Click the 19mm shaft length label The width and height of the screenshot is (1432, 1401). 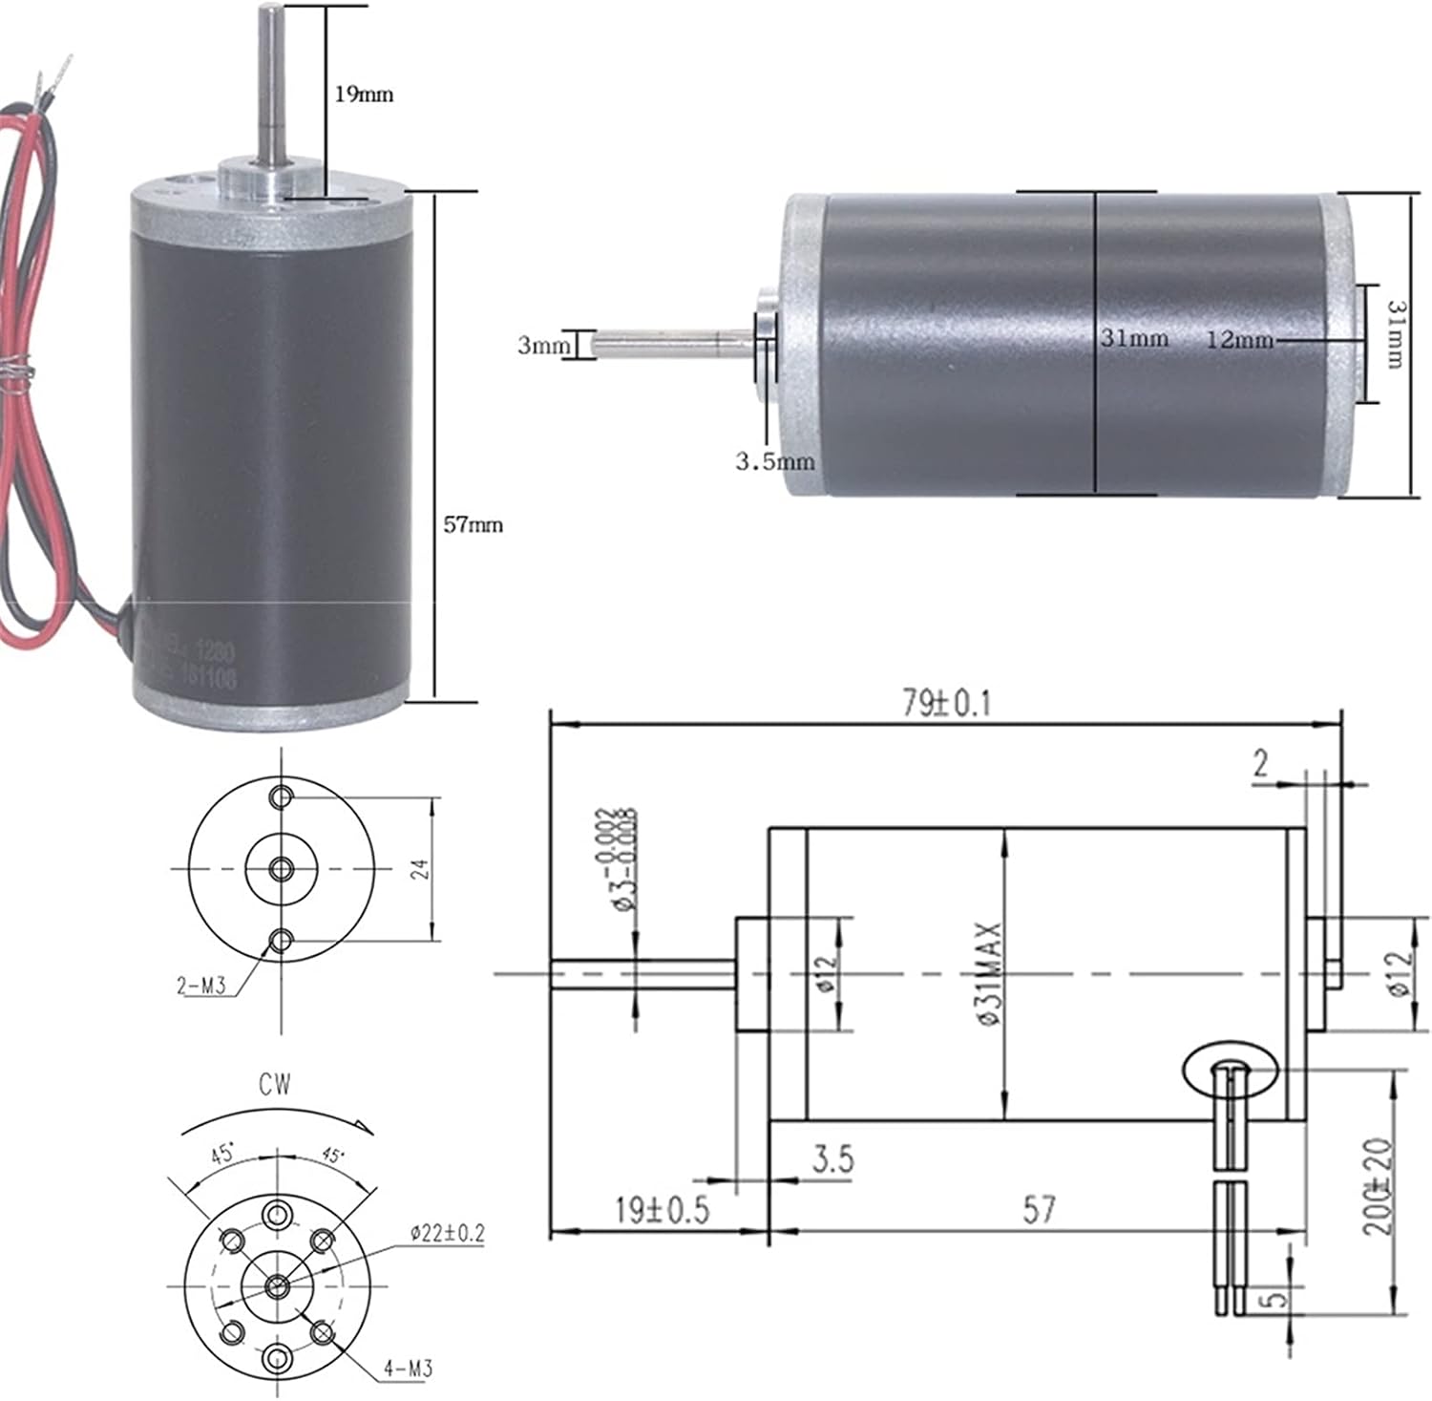pyautogui.click(x=363, y=94)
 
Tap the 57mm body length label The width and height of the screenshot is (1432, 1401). pyautogui.click(x=473, y=524)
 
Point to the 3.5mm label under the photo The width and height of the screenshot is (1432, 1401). pyautogui.click(x=774, y=462)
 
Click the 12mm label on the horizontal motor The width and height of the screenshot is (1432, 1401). pyautogui.click(x=1239, y=339)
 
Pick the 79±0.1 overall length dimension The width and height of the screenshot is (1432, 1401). pyautogui.click(x=947, y=703)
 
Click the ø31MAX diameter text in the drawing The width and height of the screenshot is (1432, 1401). pyautogui.click(x=989, y=973)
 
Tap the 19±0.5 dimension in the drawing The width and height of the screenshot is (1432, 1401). pyautogui.click(x=662, y=1210)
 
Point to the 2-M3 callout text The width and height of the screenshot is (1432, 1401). pyautogui.click(x=200, y=986)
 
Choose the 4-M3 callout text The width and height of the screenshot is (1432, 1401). pyautogui.click(x=408, y=1368)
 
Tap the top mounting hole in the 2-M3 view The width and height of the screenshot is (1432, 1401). pyautogui.click(x=281, y=796)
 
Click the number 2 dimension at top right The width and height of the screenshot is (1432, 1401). pyautogui.click(x=1261, y=764)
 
